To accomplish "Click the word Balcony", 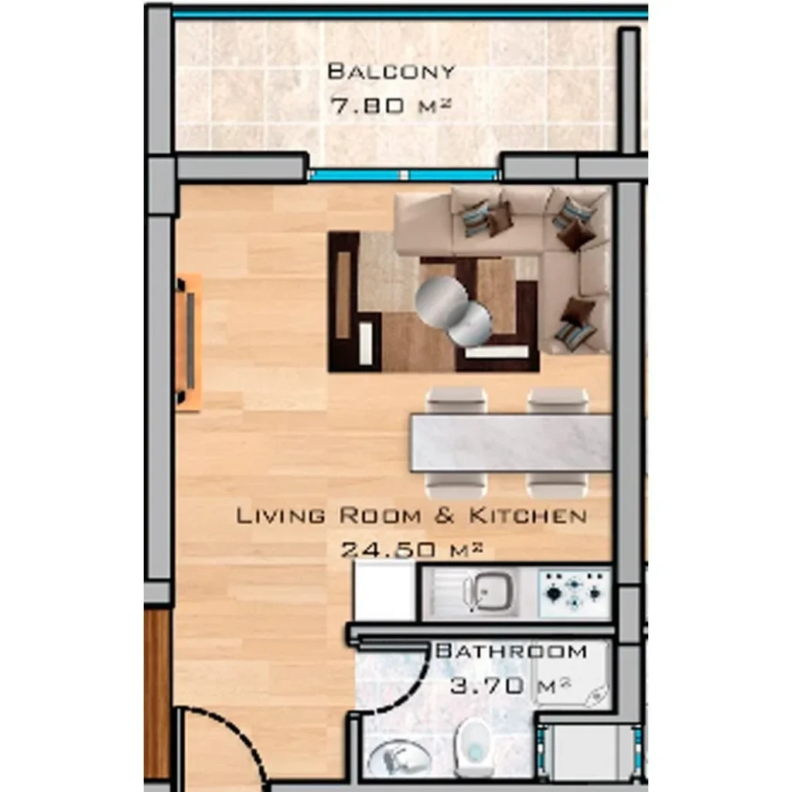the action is point(391,71).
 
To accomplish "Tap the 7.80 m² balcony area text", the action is point(390,105).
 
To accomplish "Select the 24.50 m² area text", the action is point(411,548).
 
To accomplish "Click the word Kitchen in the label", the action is point(527,516).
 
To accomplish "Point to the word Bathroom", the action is point(511,651).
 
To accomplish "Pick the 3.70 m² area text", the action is point(510,685).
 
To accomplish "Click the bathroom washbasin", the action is point(399,758).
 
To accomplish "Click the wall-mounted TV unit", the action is point(188,343).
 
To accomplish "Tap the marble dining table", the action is point(511,443).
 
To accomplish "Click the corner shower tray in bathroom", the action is point(572,677).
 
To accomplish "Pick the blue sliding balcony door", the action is point(404,176).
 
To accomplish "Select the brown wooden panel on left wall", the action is point(158,695).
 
